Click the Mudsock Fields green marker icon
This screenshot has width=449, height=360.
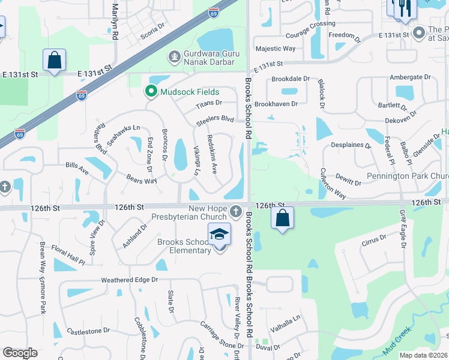pos(150,92)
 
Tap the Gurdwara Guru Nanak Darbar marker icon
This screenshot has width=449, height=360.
pos(174,57)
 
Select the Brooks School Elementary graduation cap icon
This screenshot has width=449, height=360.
pos(219,234)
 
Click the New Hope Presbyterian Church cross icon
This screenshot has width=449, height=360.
pos(235,211)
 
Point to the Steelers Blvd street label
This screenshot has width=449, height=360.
pos(214,120)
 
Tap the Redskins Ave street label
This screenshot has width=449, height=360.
pos(211,154)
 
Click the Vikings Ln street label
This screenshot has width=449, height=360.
pos(196,160)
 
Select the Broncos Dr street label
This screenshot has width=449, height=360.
pos(164,145)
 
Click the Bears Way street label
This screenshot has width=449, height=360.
pos(141,179)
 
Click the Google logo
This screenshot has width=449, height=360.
pos(20,353)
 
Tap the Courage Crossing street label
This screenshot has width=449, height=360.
pos(310,23)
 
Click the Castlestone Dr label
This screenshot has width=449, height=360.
pos(88,331)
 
